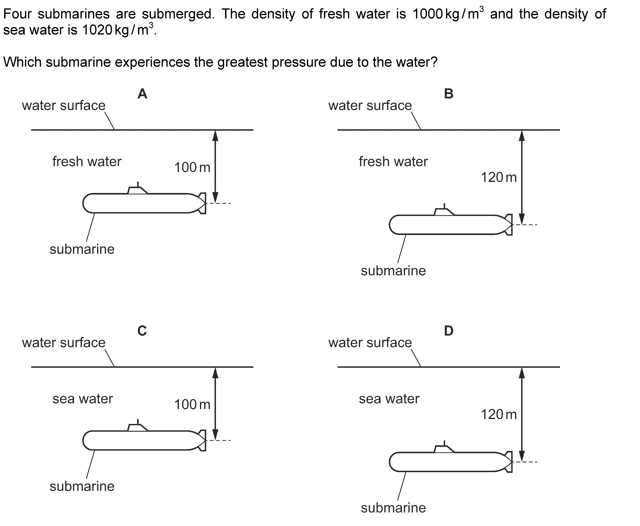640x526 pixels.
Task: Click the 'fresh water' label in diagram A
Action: (x=87, y=161)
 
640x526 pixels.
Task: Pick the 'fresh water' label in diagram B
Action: (x=393, y=161)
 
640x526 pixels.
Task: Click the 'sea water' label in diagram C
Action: (x=83, y=399)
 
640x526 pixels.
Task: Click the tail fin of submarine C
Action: (x=202, y=440)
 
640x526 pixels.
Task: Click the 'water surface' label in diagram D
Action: (x=370, y=343)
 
